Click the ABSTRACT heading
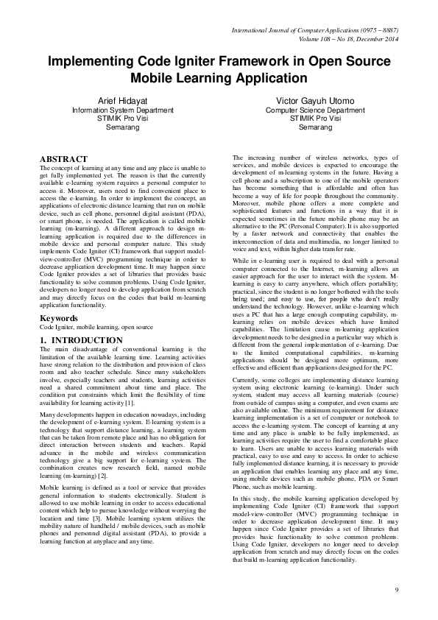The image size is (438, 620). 63,159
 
